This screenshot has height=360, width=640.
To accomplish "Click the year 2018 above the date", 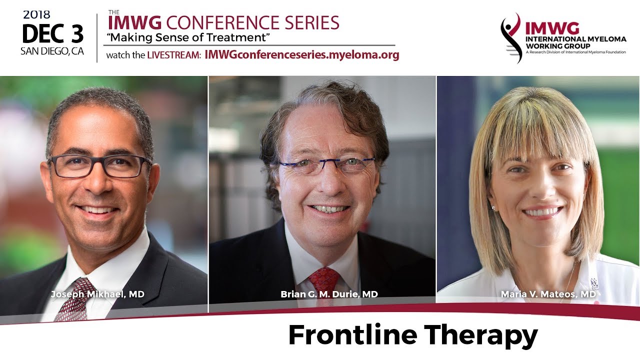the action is click(x=36, y=15).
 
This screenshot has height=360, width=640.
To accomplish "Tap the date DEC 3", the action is click(x=53, y=33).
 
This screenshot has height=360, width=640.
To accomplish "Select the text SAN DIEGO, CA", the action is click(x=52, y=51).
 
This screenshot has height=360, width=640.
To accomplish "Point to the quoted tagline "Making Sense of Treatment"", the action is click(x=188, y=37).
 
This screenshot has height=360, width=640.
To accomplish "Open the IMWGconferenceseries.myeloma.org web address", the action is click(x=302, y=54).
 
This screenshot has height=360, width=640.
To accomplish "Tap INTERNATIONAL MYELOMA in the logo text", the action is click(x=575, y=39).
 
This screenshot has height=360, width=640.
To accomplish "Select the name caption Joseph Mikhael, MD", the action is click(x=97, y=294).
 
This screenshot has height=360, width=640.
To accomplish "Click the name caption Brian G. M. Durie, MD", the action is click(x=329, y=294).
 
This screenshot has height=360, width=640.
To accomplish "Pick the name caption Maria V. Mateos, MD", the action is click(x=548, y=294).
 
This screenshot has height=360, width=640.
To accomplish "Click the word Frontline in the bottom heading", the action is click(x=352, y=335).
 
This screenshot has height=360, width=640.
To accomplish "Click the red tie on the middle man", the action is click(x=324, y=283).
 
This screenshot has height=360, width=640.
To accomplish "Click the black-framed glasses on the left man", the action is click(x=100, y=166).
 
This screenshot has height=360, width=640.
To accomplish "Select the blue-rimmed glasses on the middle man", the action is click(x=326, y=165).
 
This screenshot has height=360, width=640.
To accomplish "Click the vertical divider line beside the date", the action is click(x=97, y=38).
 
